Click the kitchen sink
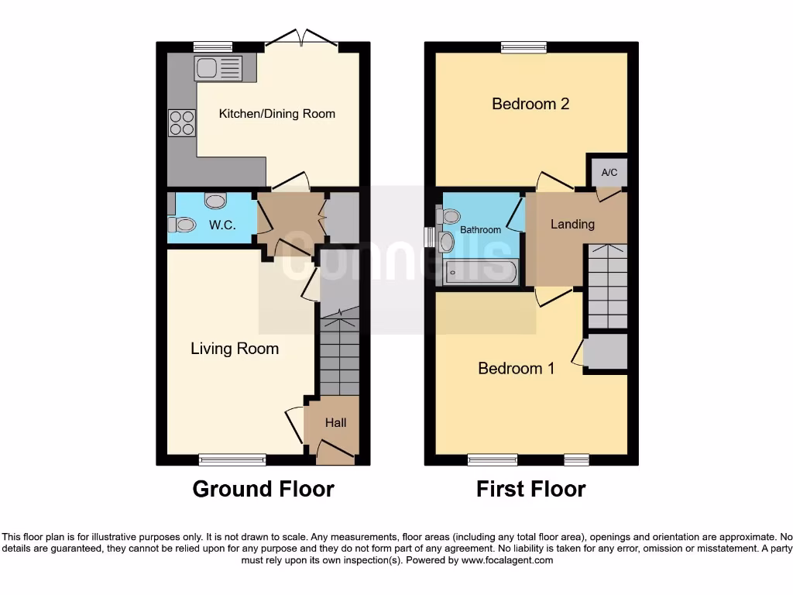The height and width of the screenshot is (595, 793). point(218,68)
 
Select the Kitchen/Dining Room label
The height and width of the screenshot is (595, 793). point(277,114)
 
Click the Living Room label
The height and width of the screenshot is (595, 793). point(235,349)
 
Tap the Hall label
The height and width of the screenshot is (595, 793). point(335,423)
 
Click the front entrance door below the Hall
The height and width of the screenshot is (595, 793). point(336,453)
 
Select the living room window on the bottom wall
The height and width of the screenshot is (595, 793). point(232,460)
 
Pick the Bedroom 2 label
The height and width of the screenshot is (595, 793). point(530,104)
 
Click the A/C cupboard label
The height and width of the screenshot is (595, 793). point(609,172)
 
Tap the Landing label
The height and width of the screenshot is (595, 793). point(572,224)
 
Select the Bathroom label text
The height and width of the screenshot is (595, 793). point(480,230)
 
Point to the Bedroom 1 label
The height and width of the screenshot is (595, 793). point(516,369)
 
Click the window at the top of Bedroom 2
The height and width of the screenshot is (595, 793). point(524,47)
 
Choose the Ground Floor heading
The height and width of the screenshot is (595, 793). point(263,490)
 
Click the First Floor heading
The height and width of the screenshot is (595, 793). point(530,490)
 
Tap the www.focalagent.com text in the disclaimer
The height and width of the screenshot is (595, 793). point(507,560)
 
